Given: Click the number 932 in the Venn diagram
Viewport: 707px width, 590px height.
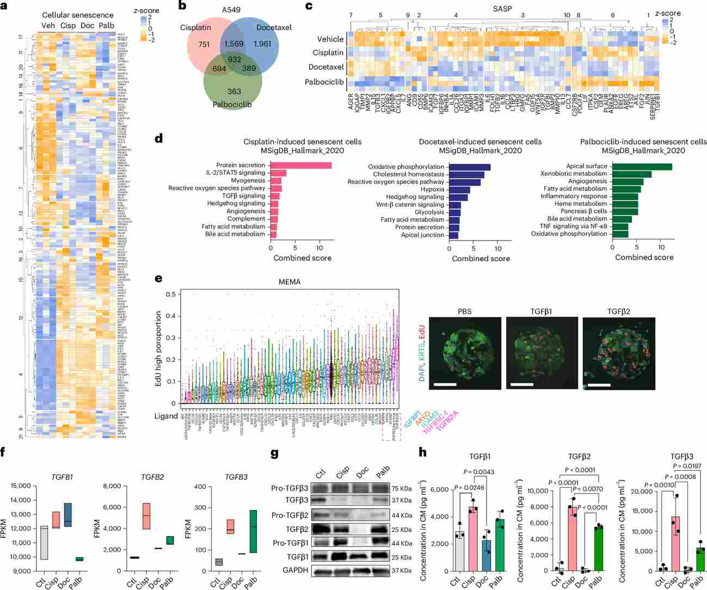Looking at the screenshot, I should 234,60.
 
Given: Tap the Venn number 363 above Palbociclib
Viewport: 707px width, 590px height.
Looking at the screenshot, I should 234,91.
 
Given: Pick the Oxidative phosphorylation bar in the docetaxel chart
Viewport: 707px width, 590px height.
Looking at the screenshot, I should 470,167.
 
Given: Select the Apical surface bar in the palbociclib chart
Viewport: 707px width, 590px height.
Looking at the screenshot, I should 642,167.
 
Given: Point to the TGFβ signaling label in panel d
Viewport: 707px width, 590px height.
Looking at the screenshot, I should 244,196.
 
